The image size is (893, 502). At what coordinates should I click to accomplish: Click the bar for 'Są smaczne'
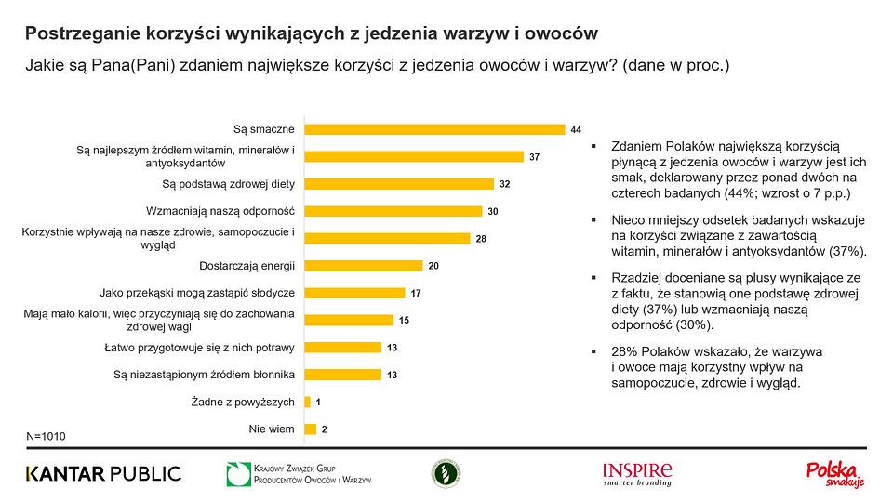(x=435, y=129)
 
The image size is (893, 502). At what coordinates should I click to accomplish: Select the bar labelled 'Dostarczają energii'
(x=364, y=266)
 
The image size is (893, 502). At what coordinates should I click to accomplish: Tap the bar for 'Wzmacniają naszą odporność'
(x=393, y=211)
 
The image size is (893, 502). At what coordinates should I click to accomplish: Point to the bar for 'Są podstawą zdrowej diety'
(x=399, y=184)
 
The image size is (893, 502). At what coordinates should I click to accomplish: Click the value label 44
(x=576, y=129)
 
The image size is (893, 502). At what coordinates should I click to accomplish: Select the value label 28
(x=482, y=239)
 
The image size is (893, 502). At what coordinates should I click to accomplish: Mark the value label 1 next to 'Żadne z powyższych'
(x=318, y=403)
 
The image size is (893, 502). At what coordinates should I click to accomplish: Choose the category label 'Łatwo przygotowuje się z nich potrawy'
(x=199, y=348)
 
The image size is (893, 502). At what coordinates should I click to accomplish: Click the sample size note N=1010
(x=47, y=435)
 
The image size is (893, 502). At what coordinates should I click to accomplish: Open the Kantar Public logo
(x=103, y=474)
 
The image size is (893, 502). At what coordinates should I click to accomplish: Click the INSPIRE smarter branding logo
(x=637, y=474)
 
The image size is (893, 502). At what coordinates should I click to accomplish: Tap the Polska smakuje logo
(x=834, y=474)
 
